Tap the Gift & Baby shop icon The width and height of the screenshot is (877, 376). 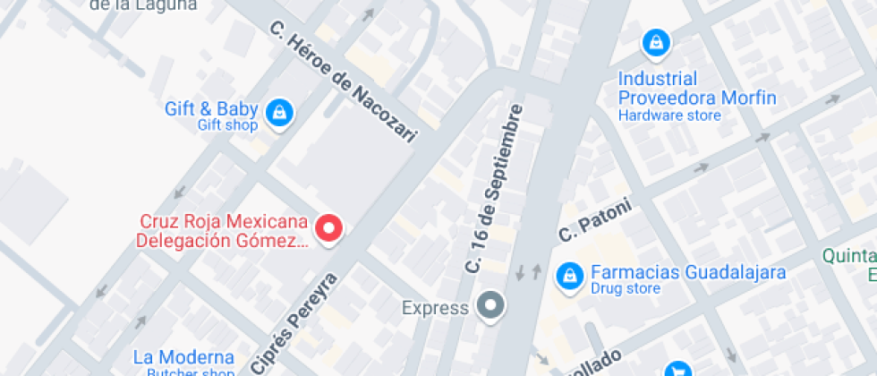pyautogui.click(x=280, y=112)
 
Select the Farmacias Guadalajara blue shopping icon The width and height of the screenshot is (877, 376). pyautogui.click(x=566, y=278)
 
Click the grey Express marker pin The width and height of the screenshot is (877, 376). pyautogui.click(x=490, y=306)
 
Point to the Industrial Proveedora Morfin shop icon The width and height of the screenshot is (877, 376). pyautogui.click(x=656, y=41)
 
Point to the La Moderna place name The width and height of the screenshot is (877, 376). pyautogui.click(x=183, y=356)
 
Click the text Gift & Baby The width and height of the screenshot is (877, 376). pyautogui.click(x=211, y=109)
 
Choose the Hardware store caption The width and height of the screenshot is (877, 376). pyautogui.click(x=669, y=115)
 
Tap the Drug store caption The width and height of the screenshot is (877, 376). pyautogui.click(x=626, y=288)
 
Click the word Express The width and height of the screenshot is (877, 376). pyautogui.click(x=435, y=309)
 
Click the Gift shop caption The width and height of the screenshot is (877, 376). pyautogui.click(x=227, y=125)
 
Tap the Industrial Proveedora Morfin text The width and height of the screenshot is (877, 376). pyautogui.click(x=697, y=89)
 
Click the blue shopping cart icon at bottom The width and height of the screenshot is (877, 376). pyautogui.click(x=678, y=370)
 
